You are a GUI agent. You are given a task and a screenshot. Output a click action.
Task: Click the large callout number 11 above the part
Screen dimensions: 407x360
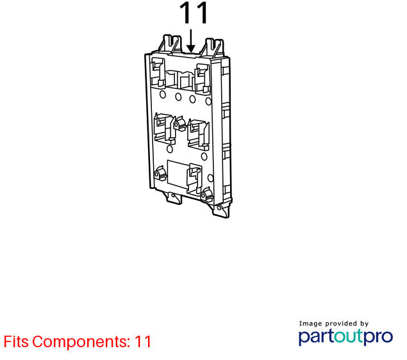tap(194, 13)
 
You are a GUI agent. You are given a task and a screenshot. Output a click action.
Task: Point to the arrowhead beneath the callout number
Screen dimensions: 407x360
tap(191, 49)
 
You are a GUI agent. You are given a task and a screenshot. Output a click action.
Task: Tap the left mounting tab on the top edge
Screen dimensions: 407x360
tap(170, 44)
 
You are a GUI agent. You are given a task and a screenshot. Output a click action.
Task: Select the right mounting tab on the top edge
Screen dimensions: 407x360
tap(213, 47)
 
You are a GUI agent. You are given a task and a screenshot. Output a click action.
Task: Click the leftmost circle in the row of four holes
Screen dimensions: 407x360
tap(163, 94)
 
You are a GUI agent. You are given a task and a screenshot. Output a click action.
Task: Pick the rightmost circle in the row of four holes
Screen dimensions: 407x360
tap(208, 101)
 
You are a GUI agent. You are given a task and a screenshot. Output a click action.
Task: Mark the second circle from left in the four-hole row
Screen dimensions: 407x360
tap(178, 97)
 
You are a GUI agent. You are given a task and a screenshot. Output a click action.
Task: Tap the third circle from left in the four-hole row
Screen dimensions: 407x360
tap(192, 99)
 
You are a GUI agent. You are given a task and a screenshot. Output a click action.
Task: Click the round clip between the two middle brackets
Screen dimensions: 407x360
tap(179, 124)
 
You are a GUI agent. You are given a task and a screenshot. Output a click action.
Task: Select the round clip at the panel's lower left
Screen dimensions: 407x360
tap(160, 174)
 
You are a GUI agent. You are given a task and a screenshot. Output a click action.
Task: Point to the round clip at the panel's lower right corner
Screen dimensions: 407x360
tap(207, 195)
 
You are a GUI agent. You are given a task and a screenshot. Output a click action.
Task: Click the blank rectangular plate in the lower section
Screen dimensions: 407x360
tap(178, 174)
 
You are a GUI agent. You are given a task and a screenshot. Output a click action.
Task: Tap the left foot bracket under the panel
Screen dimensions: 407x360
tap(172, 198)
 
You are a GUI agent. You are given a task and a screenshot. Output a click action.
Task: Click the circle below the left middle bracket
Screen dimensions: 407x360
tap(169, 149)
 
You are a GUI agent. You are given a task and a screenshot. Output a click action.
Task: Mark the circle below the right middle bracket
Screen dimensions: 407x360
tap(204, 156)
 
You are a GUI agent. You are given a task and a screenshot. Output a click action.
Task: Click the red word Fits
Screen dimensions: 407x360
tap(16, 341)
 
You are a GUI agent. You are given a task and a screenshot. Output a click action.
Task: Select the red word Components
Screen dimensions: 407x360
tap(81, 342)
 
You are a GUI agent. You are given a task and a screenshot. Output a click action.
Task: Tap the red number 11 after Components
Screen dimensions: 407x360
tap(143, 341)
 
